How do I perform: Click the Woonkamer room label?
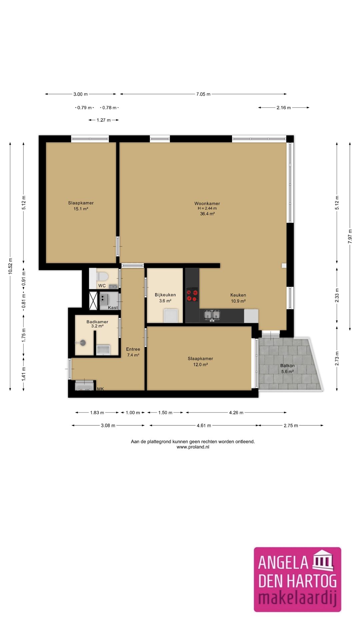(207, 203)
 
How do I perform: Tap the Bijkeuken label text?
(165, 295)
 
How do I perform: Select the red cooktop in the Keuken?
(192, 295)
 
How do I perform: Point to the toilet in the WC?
(102, 277)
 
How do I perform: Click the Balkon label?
(287, 366)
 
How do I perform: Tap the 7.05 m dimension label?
(203, 94)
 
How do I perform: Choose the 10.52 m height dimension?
(10, 266)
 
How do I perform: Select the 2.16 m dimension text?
(284, 108)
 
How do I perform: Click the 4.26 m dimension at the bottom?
(236, 413)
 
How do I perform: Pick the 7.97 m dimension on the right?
(350, 236)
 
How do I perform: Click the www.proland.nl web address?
(193, 447)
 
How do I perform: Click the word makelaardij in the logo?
(297, 598)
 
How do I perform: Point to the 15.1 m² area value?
(81, 209)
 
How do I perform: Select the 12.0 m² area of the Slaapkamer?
(200, 365)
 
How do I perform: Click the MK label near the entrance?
(100, 389)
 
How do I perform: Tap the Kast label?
(113, 308)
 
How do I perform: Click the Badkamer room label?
(97, 322)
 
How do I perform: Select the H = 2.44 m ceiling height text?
(207, 208)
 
